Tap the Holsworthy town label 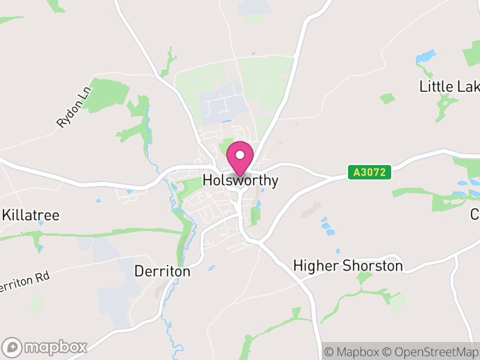241,180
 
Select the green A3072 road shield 370,173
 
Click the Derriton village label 163,272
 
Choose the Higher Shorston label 348,265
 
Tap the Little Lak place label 449,86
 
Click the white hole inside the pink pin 240,155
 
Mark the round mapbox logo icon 13,347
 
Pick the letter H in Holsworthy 208,180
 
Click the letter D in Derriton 139,272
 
